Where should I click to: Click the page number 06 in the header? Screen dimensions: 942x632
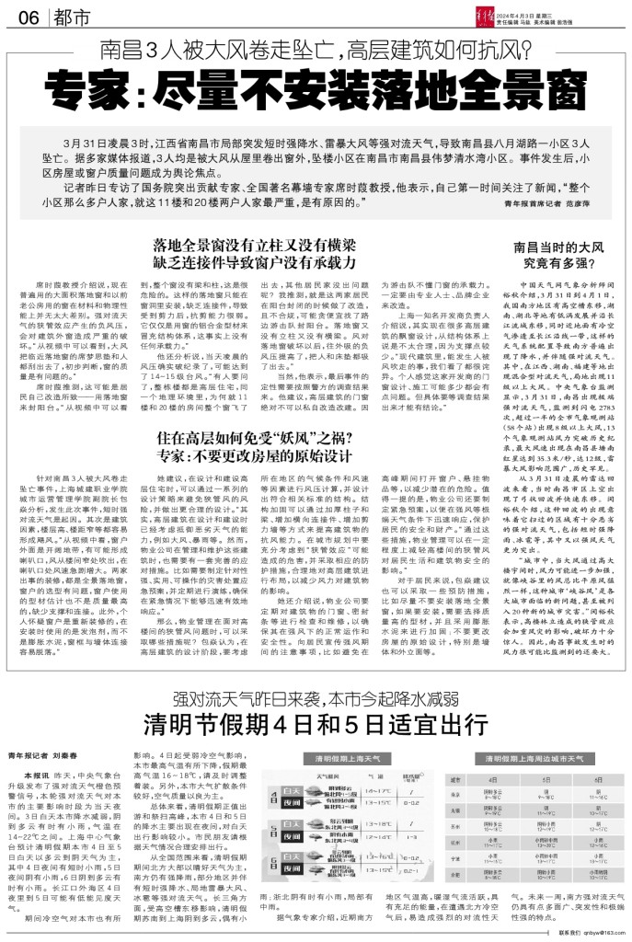[27, 18]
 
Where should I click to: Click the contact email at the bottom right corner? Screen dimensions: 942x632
[599, 933]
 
